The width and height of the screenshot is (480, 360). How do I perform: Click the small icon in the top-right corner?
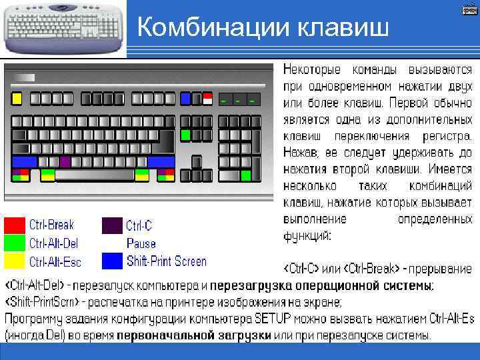coord(469,10)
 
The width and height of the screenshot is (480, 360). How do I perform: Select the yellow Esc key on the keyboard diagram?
coord(17,99)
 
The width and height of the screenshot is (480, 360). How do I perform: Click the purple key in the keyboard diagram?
coord(65,161)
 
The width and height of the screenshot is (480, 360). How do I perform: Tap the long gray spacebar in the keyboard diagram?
coord(94,175)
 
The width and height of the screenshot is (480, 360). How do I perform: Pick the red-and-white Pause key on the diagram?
coord(207,99)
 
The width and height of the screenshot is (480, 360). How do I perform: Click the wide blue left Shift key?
coord(25,161)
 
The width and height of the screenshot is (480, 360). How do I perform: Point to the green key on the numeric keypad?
coord(246,175)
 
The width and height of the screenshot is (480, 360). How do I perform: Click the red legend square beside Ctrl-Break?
coord(15,225)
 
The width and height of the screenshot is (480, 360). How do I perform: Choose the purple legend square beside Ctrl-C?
coord(112,225)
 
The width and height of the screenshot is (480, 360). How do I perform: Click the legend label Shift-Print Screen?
coord(167,261)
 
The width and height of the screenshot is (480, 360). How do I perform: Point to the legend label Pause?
coord(141,243)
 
